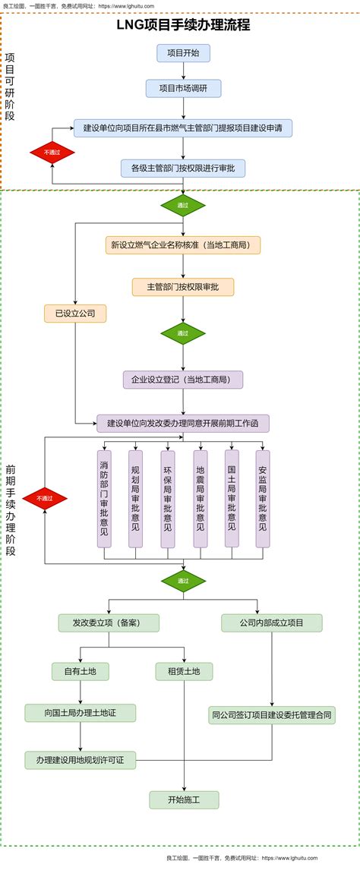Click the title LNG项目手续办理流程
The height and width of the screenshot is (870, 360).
(x=183, y=25)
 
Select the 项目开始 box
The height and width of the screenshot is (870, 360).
(x=183, y=53)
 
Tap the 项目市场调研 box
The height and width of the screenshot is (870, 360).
(x=183, y=89)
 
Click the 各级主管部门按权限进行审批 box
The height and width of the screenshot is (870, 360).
(x=183, y=168)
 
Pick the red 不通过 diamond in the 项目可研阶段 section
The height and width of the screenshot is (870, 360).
(x=52, y=153)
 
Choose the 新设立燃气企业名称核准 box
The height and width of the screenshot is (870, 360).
(x=183, y=245)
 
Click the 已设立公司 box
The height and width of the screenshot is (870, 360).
(x=75, y=313)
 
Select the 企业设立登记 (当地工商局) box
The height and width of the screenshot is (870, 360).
(x=183, y=380)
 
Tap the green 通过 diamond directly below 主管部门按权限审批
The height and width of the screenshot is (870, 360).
(x=183, y=333)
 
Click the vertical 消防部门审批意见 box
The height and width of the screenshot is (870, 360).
(x=104, y=499)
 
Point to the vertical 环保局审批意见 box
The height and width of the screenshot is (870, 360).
(x=167, y=499)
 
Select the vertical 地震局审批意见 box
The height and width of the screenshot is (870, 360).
(x=200, y=499)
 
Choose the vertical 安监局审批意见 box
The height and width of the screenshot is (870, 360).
(x=263, y=499)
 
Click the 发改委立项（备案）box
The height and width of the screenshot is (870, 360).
(x=109, y=623)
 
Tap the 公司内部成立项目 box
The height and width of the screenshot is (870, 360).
(x=272, y=623)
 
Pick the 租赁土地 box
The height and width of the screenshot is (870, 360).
(x=184, y=672)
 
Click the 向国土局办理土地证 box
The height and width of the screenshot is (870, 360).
(x=80, y=713)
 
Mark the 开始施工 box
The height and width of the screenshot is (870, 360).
(x=184, y=799)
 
